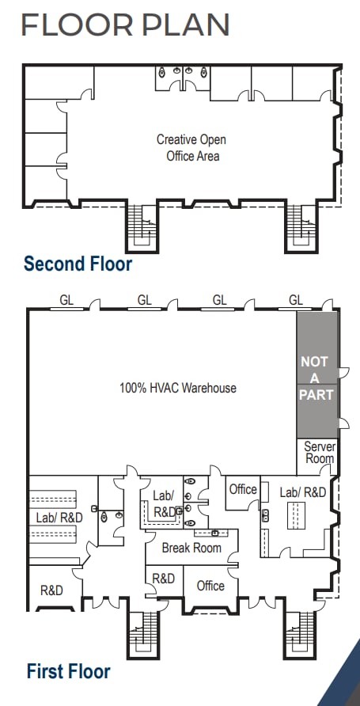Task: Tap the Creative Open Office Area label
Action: click(x=191, y=148)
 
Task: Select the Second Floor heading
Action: click(x=78, y=264)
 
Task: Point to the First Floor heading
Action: click(x=68, y=672)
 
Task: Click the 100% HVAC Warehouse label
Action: click(x=178, y=388)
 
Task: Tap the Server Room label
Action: click(x=320, y=453)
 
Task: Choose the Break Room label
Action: click(x=191, y=548)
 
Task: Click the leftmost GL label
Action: click(x=67, y=300)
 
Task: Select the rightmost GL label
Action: click(x=296, y=300)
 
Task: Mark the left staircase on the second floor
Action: click(x=143, y=227)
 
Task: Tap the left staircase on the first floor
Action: click(x=143, y=634)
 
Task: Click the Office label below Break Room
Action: click(x=210, y=586)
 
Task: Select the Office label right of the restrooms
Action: click(x=243, y=489)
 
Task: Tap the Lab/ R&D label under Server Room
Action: click(x=303, y=492)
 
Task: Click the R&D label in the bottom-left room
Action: click(x=51, y=590)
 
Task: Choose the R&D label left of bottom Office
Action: click(x=163, y=579)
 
